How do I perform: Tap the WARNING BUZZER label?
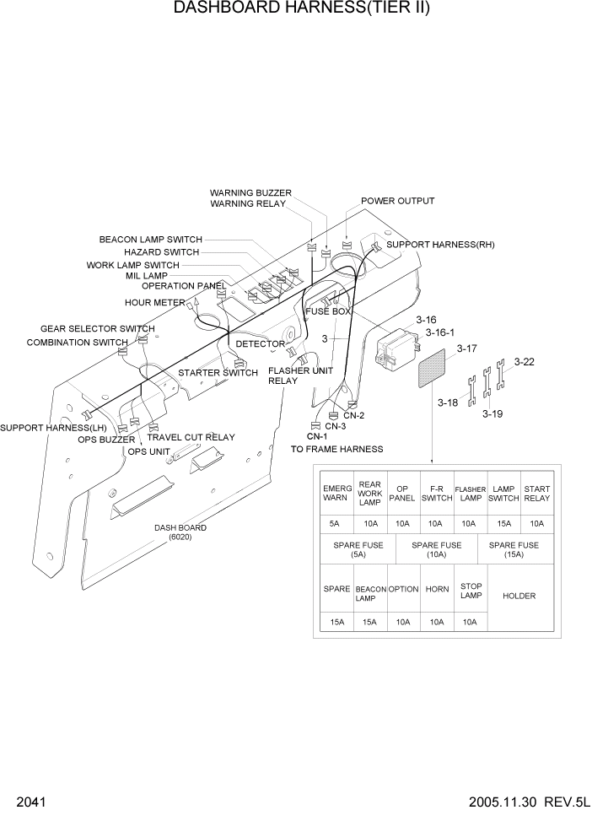pos(250,192)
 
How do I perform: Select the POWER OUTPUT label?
pos(397,201)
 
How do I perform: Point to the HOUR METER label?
pos(154,302)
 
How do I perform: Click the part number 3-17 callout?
pos(466,348)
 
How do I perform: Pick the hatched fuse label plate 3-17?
pos(436,370)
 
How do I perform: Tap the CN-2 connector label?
pos(353,415)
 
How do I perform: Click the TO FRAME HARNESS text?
pos(336,449)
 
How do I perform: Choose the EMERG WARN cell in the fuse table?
pos(336,493)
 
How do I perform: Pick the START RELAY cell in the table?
pos(536,493)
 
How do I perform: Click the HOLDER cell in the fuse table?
pos(519,596)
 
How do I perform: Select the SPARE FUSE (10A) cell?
pos(436,549)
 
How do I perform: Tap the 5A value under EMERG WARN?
pos(336,523)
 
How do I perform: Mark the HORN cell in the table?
pos(436,589)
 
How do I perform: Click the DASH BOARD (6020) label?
pos(180,532)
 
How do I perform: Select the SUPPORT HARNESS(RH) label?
pos(440,245)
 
